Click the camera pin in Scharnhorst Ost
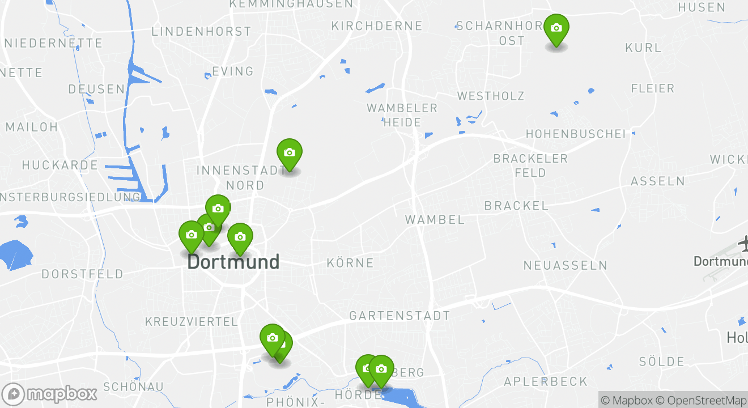click(556, 29)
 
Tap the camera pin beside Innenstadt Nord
click(289, 154)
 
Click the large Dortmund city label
click(233, 262)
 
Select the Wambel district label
click(435, 219)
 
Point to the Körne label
click(350, 263)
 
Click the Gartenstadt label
click(399, 316)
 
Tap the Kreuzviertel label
click(192, 322)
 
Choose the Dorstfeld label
click(82, 274)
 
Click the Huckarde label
click(60, 165)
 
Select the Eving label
click(232, 71)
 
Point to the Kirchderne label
click(377, 26)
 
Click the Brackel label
click(516, 206)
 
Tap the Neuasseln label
click(565, 265)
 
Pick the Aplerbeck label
click(546, 381)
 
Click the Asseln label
click(657, 181)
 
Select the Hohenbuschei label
click(576, 134)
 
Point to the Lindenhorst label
click(201, 32)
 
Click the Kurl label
click(643, 48)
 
